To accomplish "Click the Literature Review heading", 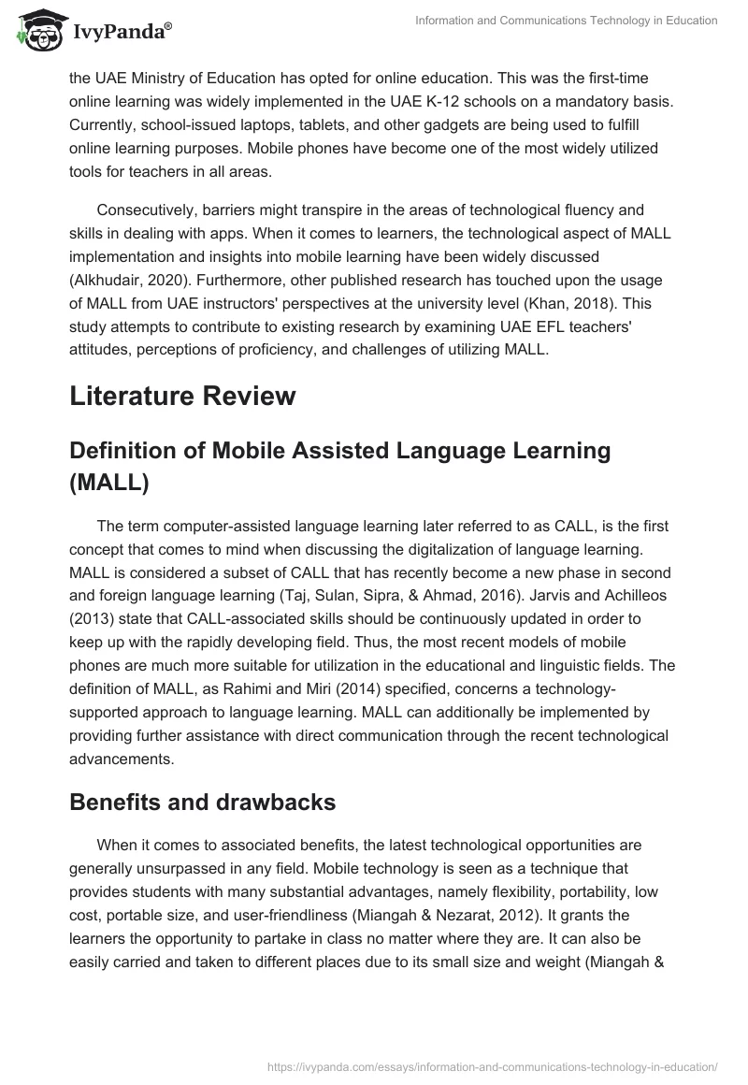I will (182, 396).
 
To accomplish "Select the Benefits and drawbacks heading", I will (203, 801).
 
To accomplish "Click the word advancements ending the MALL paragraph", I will (121, 732).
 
